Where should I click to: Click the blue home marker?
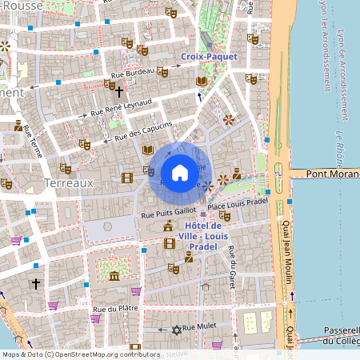tap(180, 172)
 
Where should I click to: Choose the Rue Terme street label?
tap(34, 139)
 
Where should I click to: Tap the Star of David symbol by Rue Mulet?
tap(177, 329)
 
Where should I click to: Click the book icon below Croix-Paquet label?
tap(202, 81)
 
